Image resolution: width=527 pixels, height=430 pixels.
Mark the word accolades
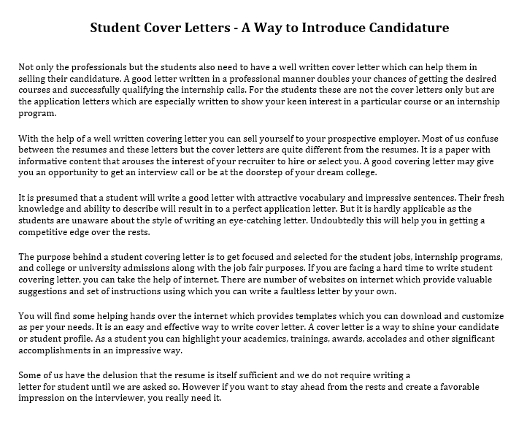(x=341, y=339)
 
